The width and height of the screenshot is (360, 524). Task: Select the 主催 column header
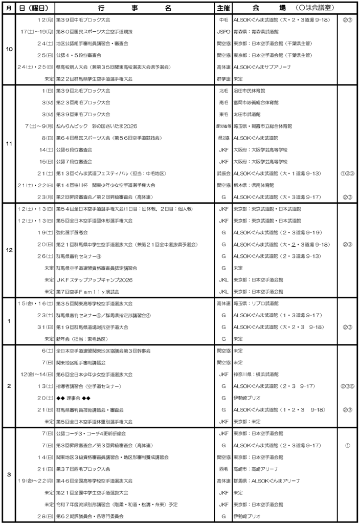223,8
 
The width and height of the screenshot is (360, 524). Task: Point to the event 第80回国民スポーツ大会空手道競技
95,32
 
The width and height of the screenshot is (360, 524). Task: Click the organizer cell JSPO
223,32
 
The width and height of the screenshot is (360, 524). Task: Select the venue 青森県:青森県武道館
256,32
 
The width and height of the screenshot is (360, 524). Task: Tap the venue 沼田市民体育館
250,91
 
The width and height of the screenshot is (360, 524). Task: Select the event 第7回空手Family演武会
87,291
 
